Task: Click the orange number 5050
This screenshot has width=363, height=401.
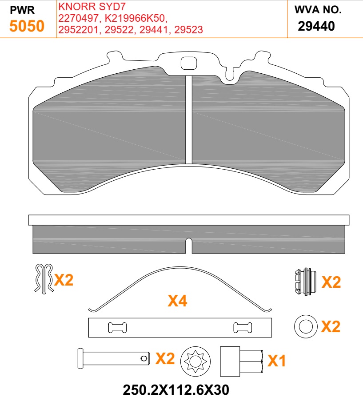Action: point(27,26)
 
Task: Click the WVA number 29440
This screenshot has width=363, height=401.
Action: point(316,26)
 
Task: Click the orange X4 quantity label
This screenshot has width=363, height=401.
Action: point(177,302)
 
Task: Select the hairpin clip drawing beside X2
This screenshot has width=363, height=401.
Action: point(44,278)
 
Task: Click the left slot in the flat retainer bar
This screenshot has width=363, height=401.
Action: point(117,328)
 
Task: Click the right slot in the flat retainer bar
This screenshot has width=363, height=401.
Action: point(243,328)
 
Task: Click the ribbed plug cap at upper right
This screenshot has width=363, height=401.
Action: point(305,281)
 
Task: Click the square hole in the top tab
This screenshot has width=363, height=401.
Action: point(188,64)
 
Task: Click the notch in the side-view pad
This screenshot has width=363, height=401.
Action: point(189,245)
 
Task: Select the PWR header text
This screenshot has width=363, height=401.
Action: point(22,9)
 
